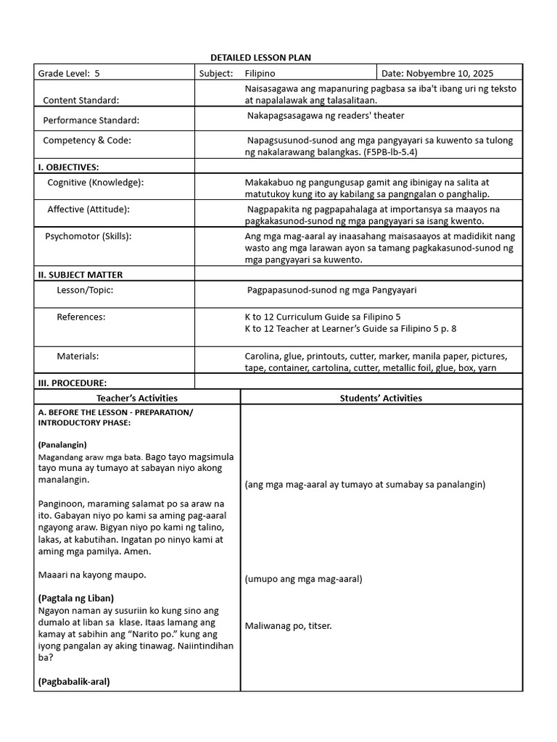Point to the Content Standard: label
(x=81, y=100)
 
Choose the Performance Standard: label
(x=91, y=120)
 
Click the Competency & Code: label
(x=87, y=140)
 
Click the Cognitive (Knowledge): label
(x=96, y=183)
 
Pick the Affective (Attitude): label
(x=88, y=209)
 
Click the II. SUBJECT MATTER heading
(x=81, y=275)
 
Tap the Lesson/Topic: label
(x=85, y=290)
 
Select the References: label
(x=81, y=317)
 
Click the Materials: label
(x=78, y=357)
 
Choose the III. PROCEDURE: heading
(x=73, y=383)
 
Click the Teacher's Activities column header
(x=137, y=398)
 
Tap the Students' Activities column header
(x=381, y=398)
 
